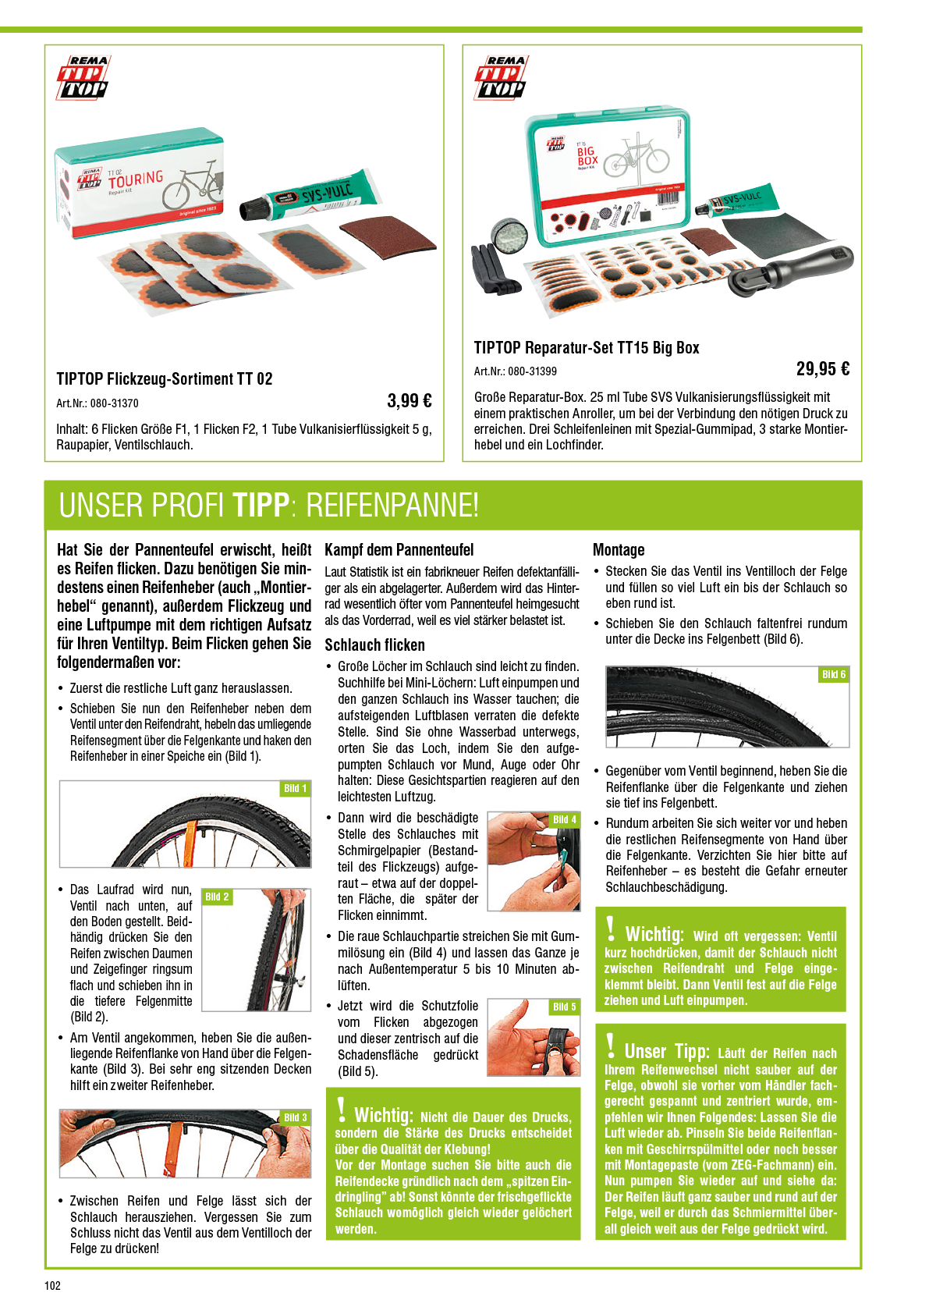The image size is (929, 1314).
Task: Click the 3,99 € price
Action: [x=409, y=401]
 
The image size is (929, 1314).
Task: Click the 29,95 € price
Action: [x=823, y=369]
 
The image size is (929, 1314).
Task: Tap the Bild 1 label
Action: [x=295, y=788]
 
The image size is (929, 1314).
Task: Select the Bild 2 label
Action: [x=217, y=897]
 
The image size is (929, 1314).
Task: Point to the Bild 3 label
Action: [x=295, y=1117]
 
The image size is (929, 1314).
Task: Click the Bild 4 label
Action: [x=565, y=819]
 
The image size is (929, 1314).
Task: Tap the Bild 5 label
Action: [x=565, y=1007]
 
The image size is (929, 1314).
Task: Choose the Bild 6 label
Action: [x=834, y=675]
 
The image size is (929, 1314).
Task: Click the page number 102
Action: [x=53, y=1286]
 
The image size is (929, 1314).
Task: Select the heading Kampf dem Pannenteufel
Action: [x=399, y=550]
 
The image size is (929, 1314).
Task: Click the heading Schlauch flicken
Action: [x=374, y=645]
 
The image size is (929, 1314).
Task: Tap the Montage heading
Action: [x=619, y=550]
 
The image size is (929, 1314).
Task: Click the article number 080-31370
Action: [x=115, y=403]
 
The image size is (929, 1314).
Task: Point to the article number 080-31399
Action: [x=533, y=371]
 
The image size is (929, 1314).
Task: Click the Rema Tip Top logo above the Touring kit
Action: [x=83, y=76]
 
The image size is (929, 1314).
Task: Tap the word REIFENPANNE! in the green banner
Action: [x=392, y=506]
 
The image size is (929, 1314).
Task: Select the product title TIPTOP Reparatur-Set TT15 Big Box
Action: [x=587, y=348]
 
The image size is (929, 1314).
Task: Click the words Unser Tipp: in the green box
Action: [x=667, y=1050]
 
